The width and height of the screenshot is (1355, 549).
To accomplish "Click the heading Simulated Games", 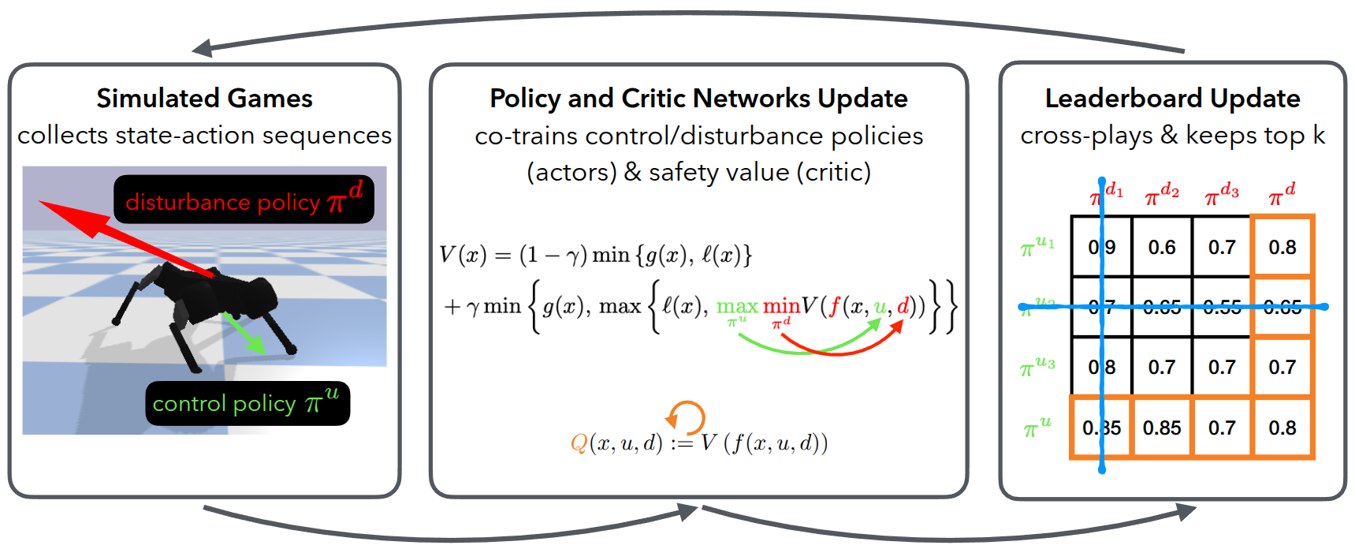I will pyautogui.click(x=204, y=99).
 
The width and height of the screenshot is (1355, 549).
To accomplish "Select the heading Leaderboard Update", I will pyautogui.click(x=1172, y=99).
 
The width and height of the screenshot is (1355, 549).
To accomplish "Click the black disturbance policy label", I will pyautogui.click(x=244, y=200).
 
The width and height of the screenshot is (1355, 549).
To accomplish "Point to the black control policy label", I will pyautogui.click(x=247, y=403).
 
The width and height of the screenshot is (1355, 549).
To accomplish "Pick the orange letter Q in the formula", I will pyautogui.click(x=579, y=443).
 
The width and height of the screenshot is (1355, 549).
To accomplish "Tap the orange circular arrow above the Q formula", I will pyautogui.click(x=685, y=417).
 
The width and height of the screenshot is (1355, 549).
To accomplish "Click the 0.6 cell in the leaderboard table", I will pyautogui.click(x=1162, y=248).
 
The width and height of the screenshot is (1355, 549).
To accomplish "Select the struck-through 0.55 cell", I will pyautogui.click(x=1222, y=307).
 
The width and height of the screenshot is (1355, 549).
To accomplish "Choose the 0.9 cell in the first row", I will pyautogui.click(x=1102, y=248).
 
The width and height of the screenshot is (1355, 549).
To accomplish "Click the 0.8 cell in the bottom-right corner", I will pyautogui.click(x=1282, y=428).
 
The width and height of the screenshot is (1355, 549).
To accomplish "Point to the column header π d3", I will pyautogui.click(x=1222, y=194).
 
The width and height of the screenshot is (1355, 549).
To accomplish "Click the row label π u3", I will pyautogui.click(x=1037, y=367).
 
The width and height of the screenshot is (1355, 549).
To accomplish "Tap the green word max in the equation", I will pyautogui.click(x=737, y=306).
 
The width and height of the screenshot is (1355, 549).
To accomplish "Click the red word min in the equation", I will pyautogui.click(x=781, y=306).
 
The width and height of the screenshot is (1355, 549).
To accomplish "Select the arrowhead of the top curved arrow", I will pyautogui.click(x=200, y=49).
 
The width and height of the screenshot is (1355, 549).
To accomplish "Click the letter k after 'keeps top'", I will pyautogui.click(x=1319, y=136).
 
